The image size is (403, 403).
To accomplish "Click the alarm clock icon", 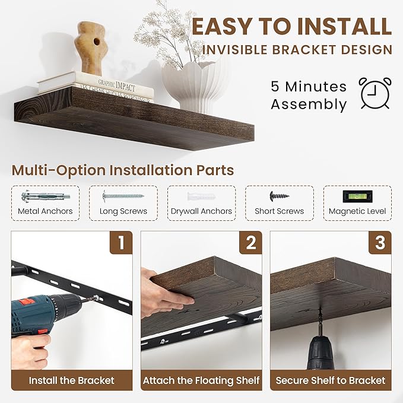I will (x=376, y=93).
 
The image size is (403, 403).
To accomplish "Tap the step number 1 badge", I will (x=120, y=242).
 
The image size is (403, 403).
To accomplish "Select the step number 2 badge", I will (x=250, y=242).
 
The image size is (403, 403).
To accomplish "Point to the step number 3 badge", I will (x=379, y=242).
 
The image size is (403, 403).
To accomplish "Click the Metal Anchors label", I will (x=45, y=211).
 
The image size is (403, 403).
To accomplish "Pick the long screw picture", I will (x=123, y=195).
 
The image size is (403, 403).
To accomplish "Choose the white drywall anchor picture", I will (x=201, y=196).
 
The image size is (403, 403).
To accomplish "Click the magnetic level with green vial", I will (x=357, y=195).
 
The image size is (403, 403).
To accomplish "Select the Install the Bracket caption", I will (x=71, y=380).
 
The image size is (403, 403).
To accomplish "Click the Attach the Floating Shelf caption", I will (x=201, y=380).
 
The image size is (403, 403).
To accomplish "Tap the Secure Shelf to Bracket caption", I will (x=330, y=380).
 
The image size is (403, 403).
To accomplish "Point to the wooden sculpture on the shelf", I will (x=91, y=47).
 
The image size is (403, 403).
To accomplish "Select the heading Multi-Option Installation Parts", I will (x=122, y=170).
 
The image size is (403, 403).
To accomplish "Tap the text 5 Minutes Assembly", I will (x=309, y=96).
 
